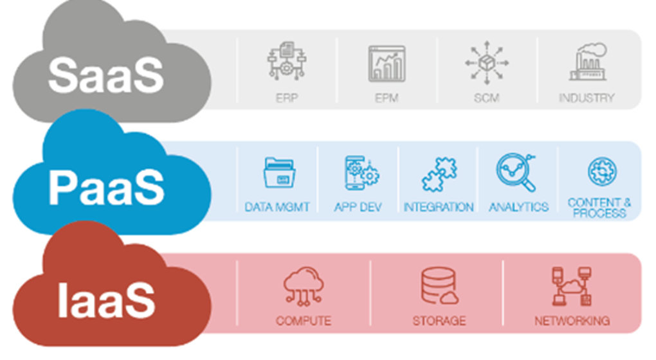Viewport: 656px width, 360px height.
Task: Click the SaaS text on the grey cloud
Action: [x=106, y=75]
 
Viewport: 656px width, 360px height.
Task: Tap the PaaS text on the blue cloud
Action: [x=106, y=186]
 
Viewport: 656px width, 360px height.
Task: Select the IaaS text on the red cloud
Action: [x=106, y=299]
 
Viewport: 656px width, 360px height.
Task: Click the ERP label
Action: [x=286, y=98]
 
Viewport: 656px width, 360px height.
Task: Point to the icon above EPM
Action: [x=387, y=63]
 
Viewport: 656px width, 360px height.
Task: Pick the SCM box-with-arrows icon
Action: [x=487, y=63]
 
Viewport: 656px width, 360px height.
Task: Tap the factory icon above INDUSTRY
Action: [x=587, y=62]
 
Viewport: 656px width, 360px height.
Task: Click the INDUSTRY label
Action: [x=587, y=98]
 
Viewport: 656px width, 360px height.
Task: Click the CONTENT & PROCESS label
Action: [x=599, y=207]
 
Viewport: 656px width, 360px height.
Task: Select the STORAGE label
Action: [x=439, y=319]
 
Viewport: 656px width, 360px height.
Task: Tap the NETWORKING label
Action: [x=572, y=319]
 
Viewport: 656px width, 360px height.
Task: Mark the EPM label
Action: [x=387, y=98]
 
